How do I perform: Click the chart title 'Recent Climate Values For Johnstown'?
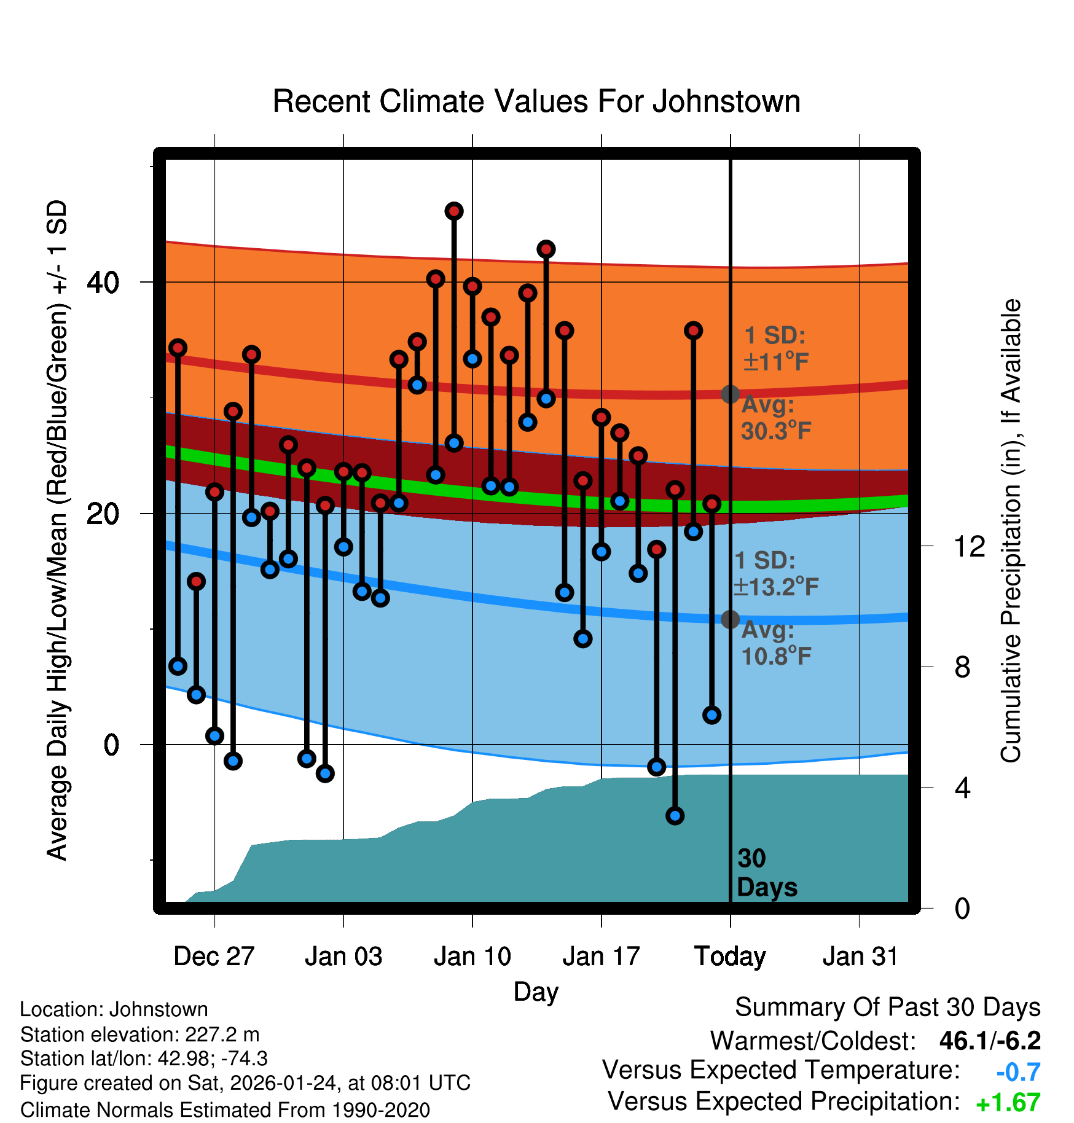point(536,101)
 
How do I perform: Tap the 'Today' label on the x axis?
point(730,956)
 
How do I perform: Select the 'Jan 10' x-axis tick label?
point(472,956)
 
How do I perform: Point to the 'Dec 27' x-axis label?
point(214,956)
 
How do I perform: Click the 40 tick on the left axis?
point(103,283)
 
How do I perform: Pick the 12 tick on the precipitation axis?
point(969,546)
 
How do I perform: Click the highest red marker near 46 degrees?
point(454,211)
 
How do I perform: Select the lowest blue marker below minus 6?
point(675,816)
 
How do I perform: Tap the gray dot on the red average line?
point(730,394)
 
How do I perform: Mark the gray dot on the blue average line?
point(730,619)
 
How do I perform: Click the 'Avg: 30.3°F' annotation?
point(775,418)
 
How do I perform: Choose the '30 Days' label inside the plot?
point(766,873)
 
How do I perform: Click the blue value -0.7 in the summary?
point(1018,1072)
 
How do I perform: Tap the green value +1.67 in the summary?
point(1008,1103)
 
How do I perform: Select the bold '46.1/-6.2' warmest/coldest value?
point(990,1041)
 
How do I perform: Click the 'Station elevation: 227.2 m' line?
point(140,1035)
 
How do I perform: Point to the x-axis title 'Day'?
point(536,992)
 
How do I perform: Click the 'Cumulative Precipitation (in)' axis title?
point(1011,531)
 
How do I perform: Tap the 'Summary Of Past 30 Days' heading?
point(887,1008)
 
